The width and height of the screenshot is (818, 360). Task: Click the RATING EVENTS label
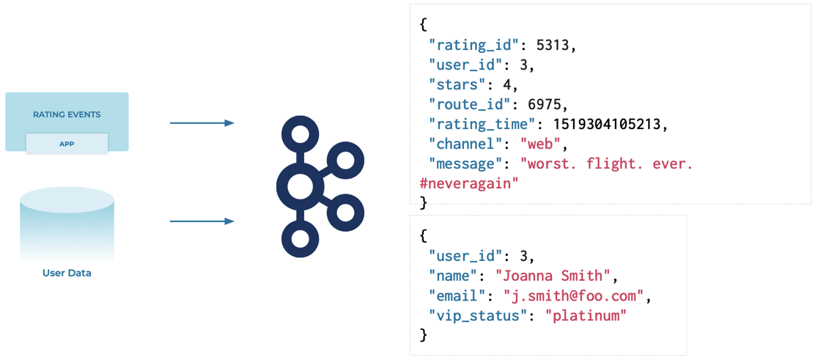tap(67, 114)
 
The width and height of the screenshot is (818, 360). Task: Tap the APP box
tap(67, 144)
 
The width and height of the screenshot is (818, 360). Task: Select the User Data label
tap(67, 273)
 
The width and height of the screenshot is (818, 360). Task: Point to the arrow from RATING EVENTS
tap(202, 123)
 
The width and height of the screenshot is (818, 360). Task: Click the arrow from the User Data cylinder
tap(202, 221)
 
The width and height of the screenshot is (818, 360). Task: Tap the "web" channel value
tap(539, 144)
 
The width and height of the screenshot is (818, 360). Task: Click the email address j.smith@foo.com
tap(573, 295)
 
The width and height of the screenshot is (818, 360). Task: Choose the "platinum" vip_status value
tap(586, 315)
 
